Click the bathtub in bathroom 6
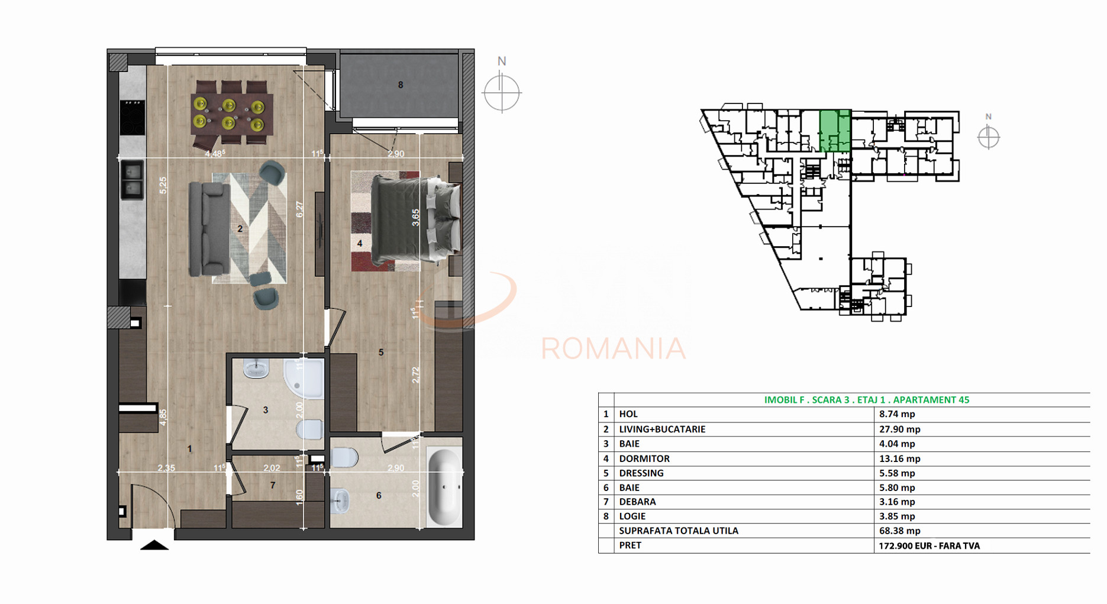pos(444,486)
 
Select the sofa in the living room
pos(208,228)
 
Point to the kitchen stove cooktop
pos(132,117)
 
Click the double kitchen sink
pos(132,180)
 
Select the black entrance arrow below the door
pos(154,545)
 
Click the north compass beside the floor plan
pos(502,92)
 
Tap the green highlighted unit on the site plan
pos(835,131)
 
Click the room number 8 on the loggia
pos(401,85)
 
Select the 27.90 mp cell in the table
pos(899,429)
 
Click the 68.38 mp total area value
pos(899,531)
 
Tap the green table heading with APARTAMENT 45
pos(866,400)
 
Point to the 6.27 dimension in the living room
pos(299,209)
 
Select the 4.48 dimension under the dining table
pos(215,154)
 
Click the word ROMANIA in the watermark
pos(613,348)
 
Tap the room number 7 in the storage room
pos(273,485)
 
